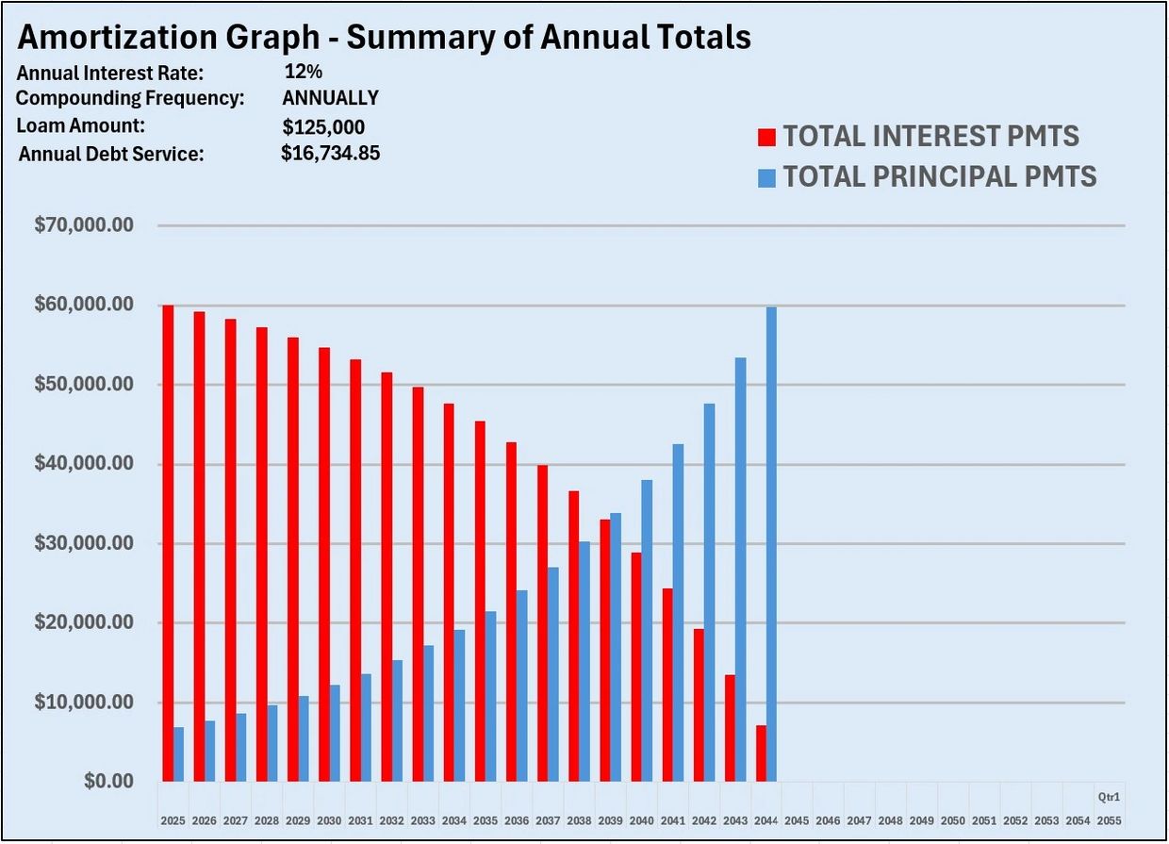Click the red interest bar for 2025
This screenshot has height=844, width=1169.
point(168,543)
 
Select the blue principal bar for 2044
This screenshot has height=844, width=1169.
point(771,544)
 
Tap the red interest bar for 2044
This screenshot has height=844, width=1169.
point(761,753)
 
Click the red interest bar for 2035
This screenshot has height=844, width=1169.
point(480,601)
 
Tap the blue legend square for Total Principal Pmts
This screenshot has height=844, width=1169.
point(766,177)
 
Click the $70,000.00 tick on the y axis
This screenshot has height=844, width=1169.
point(83,225)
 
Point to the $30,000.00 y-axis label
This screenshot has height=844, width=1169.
point(83,543)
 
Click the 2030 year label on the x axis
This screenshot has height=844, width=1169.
point(328,821)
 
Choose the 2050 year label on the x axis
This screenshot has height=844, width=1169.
point(953,821)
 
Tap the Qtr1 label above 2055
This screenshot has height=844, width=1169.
point(1109,797)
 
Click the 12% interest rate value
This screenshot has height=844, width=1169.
point(303,72)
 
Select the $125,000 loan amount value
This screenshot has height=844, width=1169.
point(323,127)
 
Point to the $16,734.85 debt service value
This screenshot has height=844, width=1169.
point(330,153)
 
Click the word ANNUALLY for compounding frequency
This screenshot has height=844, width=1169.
point(330,98)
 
